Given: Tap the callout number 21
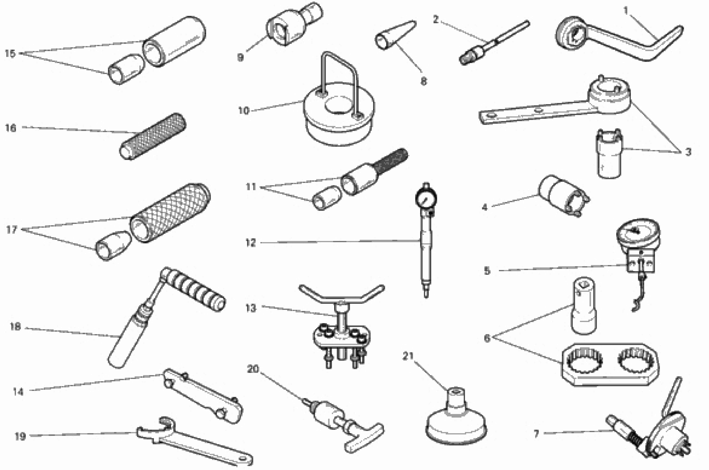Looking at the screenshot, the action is (x=408, y=356).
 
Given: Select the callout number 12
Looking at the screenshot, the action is (x=251, y=242).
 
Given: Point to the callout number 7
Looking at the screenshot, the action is (x=536, y=433).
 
